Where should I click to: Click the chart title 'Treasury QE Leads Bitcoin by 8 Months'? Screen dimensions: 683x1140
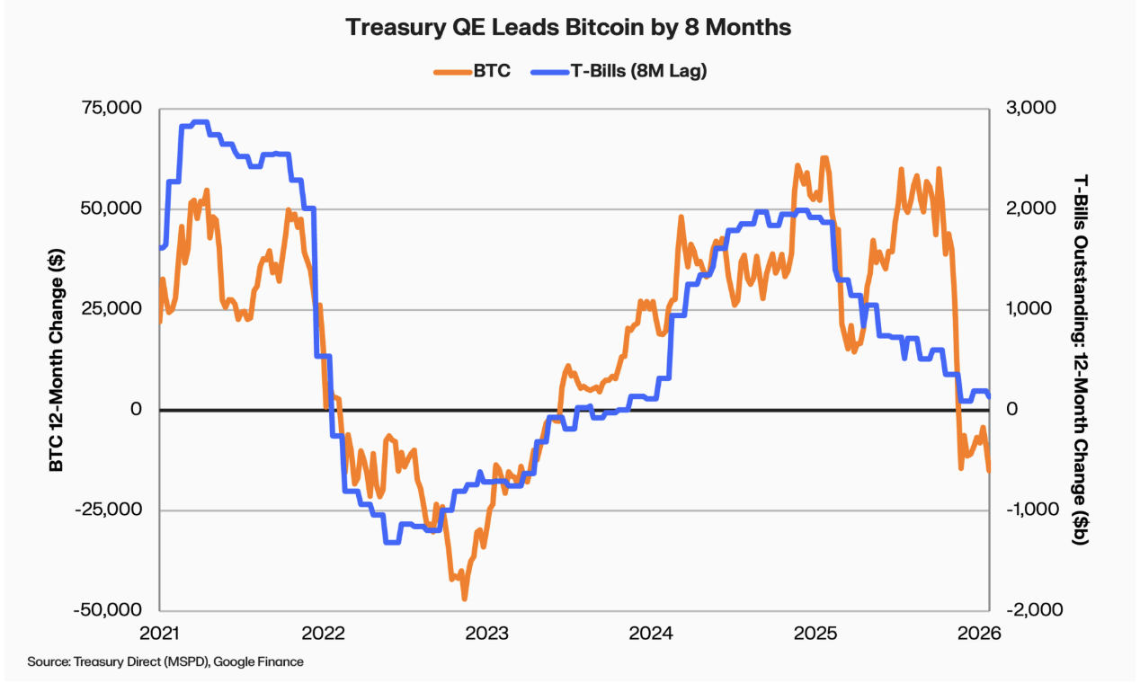(569, 28)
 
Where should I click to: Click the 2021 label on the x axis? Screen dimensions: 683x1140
(160, 634)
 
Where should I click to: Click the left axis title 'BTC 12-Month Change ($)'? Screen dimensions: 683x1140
(56, 359)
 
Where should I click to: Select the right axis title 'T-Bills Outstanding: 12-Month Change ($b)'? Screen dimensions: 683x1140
(1082, 359)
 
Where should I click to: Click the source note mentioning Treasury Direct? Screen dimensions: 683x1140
(165, 662)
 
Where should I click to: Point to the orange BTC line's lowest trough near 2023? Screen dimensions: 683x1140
(465, 598)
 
